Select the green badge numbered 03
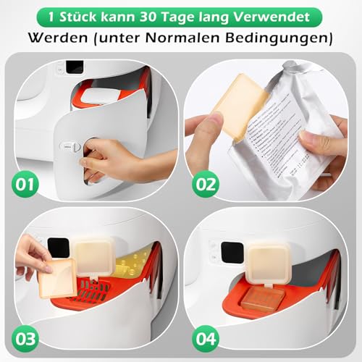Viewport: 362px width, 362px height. pyautogui.click(x=25, y=337)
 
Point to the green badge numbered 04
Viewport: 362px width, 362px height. pyautogui.click(x=206, y=337)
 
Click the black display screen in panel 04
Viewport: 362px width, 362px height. pyautogui.click(x=230, y=251)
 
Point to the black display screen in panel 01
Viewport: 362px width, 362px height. pyautogui.click(x=75, y=66)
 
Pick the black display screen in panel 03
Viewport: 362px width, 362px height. pyautogui.click(x=58, y=248)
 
